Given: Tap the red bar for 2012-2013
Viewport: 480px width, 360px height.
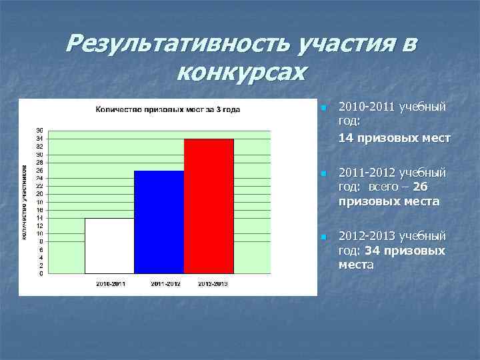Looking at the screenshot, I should tap(209, 206).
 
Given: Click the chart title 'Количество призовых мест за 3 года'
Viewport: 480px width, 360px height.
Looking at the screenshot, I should tap(167, 109).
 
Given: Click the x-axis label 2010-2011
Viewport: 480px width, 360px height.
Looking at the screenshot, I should tap(109, 283).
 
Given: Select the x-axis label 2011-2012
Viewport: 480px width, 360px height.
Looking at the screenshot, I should tap(165, 283).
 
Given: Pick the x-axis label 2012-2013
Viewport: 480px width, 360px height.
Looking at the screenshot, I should tap(212, 283).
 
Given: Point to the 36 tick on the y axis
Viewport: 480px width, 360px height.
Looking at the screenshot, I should tap(40, 131).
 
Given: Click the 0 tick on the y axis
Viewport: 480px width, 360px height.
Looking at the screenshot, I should tap(41, 273).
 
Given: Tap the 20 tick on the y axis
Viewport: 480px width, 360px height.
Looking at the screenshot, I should tap(40, 194).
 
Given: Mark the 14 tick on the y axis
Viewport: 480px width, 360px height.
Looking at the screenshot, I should tap(40, 218).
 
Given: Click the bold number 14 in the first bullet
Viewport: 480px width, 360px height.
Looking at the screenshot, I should tap(346, 139).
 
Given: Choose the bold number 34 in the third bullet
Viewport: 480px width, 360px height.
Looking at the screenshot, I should tap(373, 251).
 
